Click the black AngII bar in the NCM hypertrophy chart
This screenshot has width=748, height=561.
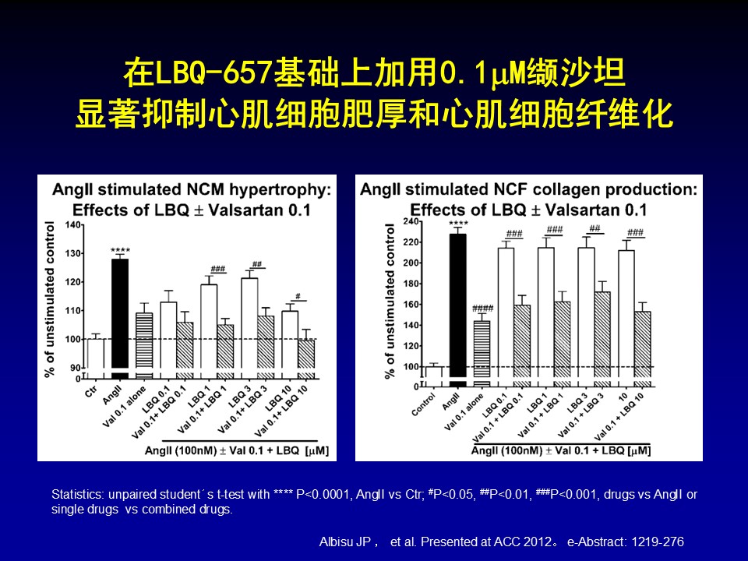point(119,312)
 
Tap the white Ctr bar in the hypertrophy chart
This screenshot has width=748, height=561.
point(96,355)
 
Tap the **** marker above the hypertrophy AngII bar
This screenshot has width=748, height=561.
point(120,251)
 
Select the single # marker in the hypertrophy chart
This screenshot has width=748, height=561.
point(297,297)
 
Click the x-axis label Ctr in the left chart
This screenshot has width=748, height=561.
point(90,388)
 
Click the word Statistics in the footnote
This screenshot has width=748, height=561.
point(76,495)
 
